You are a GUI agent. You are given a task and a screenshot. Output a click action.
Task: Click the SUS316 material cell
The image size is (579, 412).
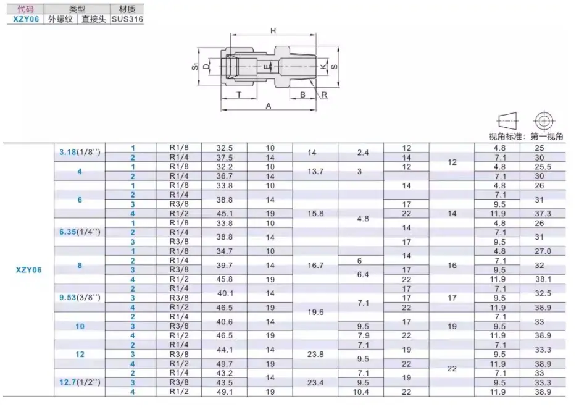[127, 19]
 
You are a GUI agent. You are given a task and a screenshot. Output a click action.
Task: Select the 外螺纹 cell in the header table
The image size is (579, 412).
[60, 19]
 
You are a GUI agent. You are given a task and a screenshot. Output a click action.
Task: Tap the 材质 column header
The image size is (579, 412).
[127, 9]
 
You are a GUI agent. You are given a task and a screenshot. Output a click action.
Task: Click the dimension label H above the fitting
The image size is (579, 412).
[273, 31]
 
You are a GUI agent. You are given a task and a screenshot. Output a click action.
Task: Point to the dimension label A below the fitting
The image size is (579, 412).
[269, 106]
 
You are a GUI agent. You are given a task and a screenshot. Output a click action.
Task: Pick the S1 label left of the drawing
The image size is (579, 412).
[195, 67]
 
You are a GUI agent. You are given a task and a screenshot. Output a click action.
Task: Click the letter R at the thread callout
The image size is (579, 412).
[324, 95]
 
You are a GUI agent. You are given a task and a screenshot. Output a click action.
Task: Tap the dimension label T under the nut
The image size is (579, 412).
[240, 95]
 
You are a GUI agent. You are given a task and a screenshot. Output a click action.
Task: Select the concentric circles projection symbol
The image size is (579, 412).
[544, 120]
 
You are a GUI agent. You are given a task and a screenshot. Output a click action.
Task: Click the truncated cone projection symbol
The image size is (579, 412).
[508, 120]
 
